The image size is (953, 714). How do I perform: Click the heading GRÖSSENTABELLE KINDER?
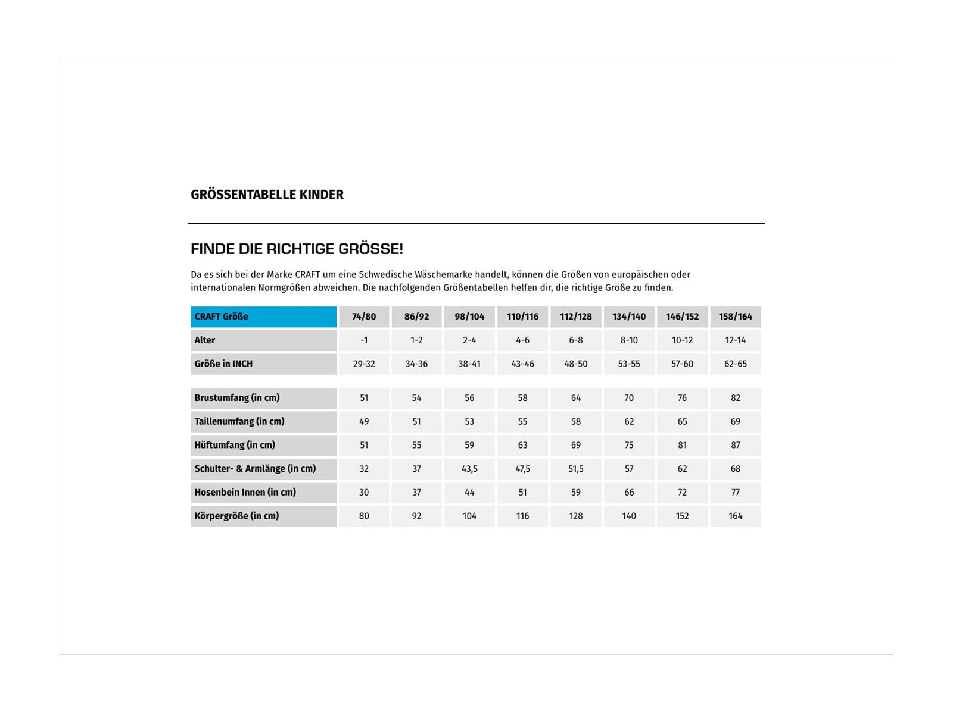pyautogui.click(x=267, y=195)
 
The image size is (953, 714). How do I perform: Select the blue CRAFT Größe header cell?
pyautogui.click(x=263, y=317)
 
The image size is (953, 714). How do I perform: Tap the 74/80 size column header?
pyautogui.click(x=364, y=317)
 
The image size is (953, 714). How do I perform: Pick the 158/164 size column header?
pyautogui.click(x=735, y=317)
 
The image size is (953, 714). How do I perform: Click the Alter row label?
pyautogui.click(x=205, y=340)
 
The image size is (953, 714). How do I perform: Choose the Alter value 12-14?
pyautogui.click(x=735, y=340)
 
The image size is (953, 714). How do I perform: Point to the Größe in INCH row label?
pyautogui.click(x=223, y=364)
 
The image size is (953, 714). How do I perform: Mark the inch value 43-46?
pyautogui.click(x=522, y=364)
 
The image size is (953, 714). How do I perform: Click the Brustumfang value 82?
pyautogui.click(x=735, y=398)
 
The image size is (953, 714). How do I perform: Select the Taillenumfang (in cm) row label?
pyautogui.click(x=239, y=421)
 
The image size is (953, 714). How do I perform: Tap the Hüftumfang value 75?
pyautogui.click(x=629, y=445)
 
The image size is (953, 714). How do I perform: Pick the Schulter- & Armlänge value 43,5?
pyautogui.click(x=469, y=469)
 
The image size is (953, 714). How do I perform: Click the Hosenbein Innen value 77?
pyautogui.click(x=735, y=493)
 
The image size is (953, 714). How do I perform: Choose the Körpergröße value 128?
pyautogui.click(x=575, y=516)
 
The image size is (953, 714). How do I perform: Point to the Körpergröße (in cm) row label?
pyautogui.click(x=236, y=516)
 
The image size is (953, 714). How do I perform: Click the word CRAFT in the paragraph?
pyautogui.click(x=307, y=275)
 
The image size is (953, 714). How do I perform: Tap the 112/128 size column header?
pyautogui.click(x=575, y=317)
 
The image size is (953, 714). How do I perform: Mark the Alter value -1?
pyautogui.click(x=364, y=340)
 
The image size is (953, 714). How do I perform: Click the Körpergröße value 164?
pyautogui.click(x=735, y=516)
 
